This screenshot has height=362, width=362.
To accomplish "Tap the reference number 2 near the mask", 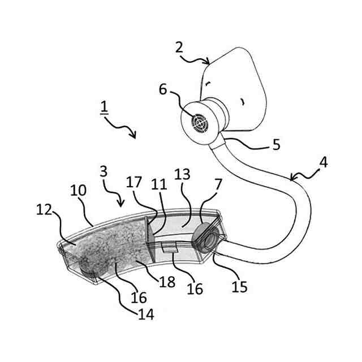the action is [x=180, y=46].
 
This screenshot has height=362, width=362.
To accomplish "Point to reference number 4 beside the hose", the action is [x=322, y=162].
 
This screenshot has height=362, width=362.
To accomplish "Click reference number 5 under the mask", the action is [x=275, y=145].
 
